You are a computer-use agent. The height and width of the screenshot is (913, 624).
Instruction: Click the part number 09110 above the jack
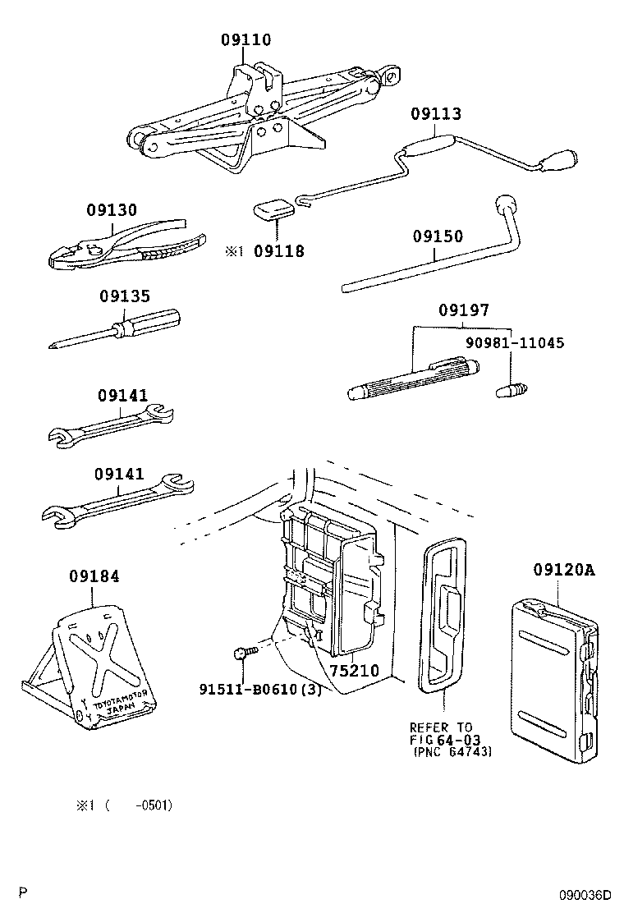[x=245, y=39]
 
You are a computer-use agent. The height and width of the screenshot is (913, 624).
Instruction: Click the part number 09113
[x=436, y=114]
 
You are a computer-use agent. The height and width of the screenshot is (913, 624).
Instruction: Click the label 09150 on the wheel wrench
[x=438, y=236]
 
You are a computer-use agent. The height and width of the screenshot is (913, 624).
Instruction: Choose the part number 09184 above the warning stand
[x=94, y=576]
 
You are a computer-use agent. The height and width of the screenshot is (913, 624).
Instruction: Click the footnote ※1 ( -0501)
[x=124, y=805]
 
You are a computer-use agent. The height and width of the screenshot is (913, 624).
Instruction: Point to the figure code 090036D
[x=586, y=895]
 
